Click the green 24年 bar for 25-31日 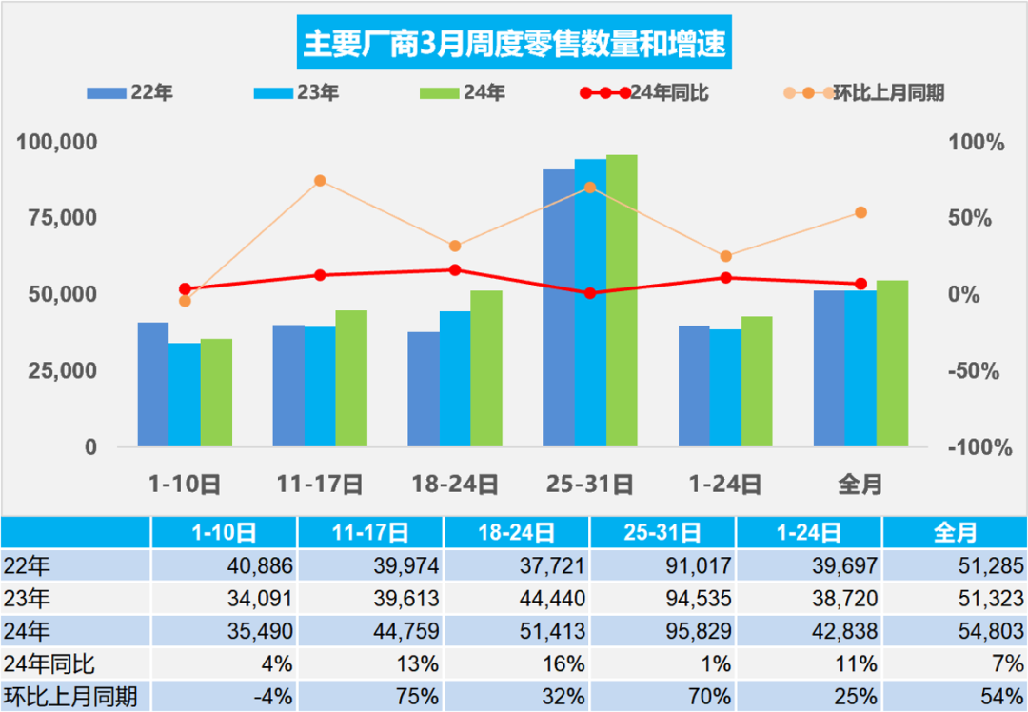tap(622, 300)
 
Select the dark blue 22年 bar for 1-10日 tap(153, 384)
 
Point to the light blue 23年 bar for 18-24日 tap(455, 378)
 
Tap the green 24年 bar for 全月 tap(892, 363)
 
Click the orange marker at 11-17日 tap(320, 181)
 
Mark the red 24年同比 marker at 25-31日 tap(590, 293)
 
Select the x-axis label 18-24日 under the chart tap(455, 485)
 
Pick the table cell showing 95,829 tap(662, 631)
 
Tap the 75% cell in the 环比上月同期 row tap(370, 696)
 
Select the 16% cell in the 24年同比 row tap(517, 663)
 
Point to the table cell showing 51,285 tap(955, 566)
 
